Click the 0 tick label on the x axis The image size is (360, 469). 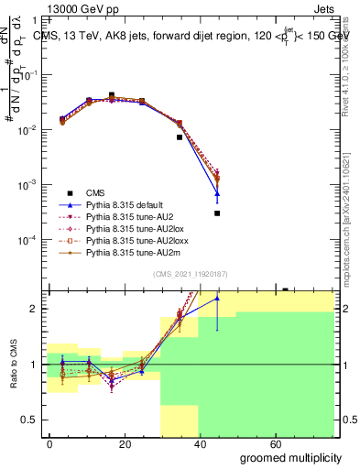point(49,443)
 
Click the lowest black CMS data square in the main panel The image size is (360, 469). point(217,213)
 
